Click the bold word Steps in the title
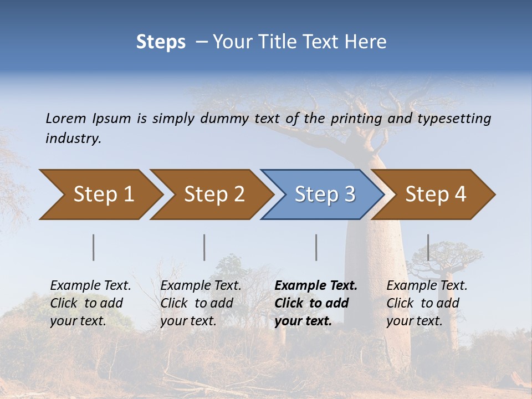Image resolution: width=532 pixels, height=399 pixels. pos(161,42)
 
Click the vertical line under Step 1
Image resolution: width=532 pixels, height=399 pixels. pos(94,247)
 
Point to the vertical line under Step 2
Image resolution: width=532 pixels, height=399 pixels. pos(204,247)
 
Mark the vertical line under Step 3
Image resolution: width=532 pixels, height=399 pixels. pos(316,247)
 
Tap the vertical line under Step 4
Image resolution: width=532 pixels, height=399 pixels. pos(428,247)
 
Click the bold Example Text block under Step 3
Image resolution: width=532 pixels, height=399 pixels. pos(315,303)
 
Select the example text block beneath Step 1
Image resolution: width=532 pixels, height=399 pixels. pos(90,303)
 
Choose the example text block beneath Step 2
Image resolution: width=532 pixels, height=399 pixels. pos(201,303)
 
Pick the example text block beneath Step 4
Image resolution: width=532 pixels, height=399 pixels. pos(427,303)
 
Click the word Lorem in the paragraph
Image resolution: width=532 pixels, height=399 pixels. pos(65,118)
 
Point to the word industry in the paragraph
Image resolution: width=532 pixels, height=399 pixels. pos(73,138)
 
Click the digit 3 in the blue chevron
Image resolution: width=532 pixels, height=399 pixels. pos(349,195)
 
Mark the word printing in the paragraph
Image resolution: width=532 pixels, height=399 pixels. pos(358,119)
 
